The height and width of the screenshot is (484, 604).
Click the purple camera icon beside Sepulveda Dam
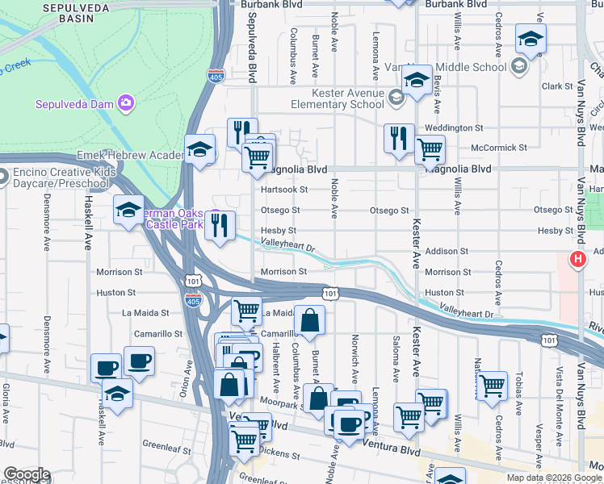pos(125,102)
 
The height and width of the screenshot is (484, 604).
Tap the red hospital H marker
pos(578,260)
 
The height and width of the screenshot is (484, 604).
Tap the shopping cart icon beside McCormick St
pos(430,148)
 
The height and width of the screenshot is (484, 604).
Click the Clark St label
pos(556,86)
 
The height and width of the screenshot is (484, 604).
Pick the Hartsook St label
pos(286,190)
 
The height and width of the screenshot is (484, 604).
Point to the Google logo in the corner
pos(26,475)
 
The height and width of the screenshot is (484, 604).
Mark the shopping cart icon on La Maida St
pos(246,310)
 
